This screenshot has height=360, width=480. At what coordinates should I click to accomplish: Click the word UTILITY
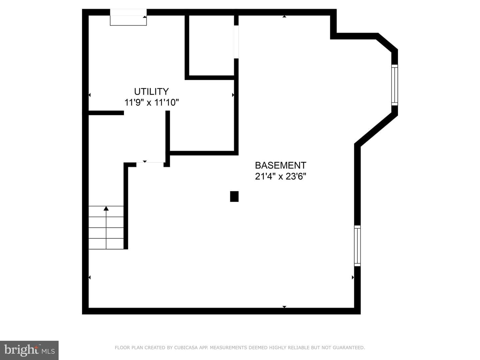coord(151,92)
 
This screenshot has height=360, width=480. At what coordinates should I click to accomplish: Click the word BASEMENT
coord(281,165)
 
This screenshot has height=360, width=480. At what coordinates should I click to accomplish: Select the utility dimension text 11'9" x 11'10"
coord(152,102)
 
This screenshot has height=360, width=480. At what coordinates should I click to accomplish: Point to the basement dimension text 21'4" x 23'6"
coord(281,176)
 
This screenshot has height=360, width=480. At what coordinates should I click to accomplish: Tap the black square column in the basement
coord(234,196)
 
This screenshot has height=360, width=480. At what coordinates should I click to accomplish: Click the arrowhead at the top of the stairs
coord(106,208)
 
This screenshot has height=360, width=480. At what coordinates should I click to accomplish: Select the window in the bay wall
coord(394,85)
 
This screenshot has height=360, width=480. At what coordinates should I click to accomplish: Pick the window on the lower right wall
coord(357,246)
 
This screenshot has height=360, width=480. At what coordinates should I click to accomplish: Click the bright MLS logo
coord(29,350)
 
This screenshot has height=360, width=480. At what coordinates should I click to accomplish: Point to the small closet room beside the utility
coord(211,45)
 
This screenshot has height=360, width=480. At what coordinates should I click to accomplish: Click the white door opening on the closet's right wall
coord(236,42)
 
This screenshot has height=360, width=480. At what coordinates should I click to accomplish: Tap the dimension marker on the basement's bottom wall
coord(284,307)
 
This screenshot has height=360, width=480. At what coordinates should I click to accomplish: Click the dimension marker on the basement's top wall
coord(284,16)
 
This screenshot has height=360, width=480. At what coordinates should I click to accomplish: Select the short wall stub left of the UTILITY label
coord(106,113)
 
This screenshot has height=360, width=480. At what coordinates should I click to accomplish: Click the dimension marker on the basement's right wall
coord(353,277)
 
